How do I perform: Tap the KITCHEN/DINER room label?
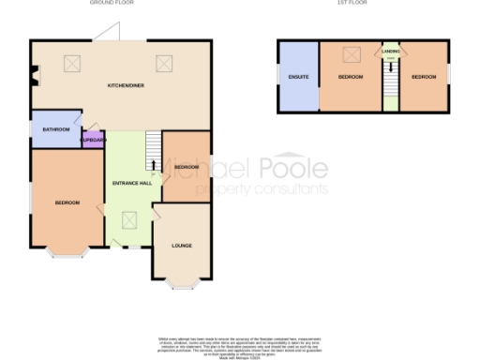[124, 86]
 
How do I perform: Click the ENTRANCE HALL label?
[132, 183]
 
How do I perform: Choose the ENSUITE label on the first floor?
[298, 75]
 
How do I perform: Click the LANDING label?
[390, 52]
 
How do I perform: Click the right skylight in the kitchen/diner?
[166, 64]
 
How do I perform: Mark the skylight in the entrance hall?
[131, 220]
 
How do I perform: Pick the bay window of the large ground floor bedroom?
[67, 252]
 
